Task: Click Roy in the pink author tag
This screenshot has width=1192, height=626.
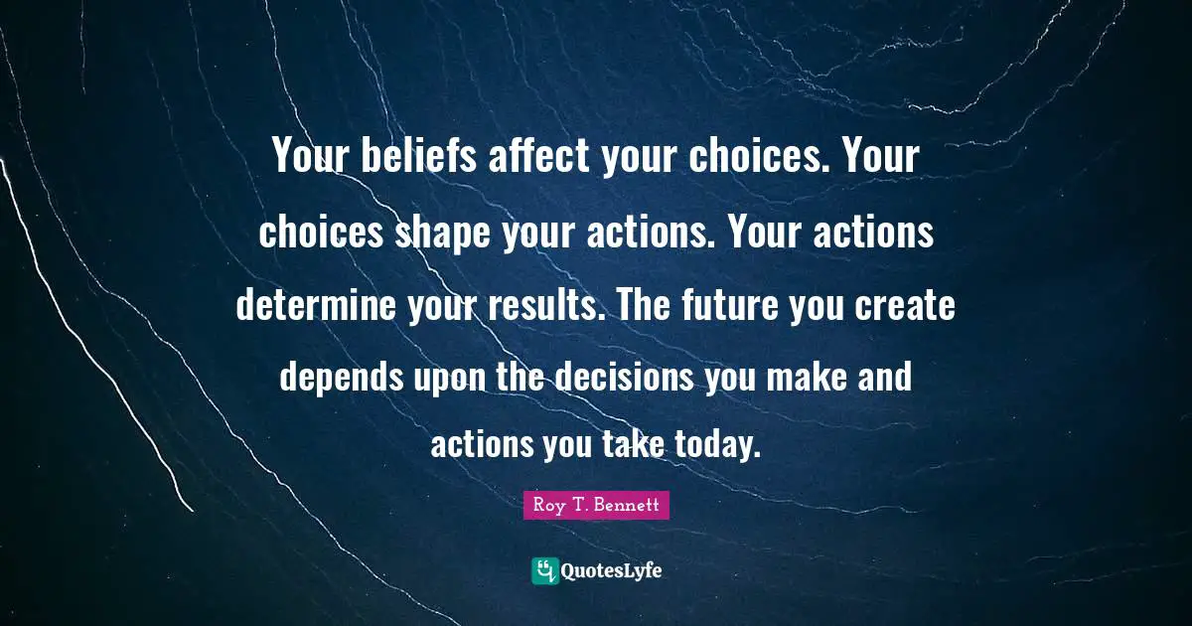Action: [547, 506]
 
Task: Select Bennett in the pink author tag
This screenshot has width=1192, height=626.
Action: [628, 506]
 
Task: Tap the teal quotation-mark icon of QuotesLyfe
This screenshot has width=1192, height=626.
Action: [544, 570]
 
